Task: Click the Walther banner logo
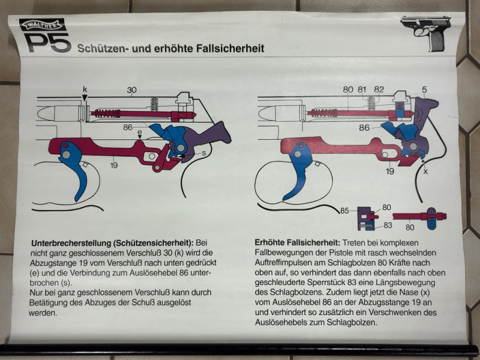point(43,25)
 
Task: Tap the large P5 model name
point(49,42)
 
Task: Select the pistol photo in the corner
point(426,33)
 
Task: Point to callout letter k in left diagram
point(85,89)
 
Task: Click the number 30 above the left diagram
point(131,91)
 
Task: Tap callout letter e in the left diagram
point(140,132)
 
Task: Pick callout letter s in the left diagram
point(203,153)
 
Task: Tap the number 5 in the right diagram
point(424,89)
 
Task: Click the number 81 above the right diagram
point(362,89)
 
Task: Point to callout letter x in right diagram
point(425,172)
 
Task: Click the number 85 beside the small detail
point(344,211)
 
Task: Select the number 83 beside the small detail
point(388,226)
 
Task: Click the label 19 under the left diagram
point(114,166)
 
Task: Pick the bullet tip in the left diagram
point(38,114)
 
